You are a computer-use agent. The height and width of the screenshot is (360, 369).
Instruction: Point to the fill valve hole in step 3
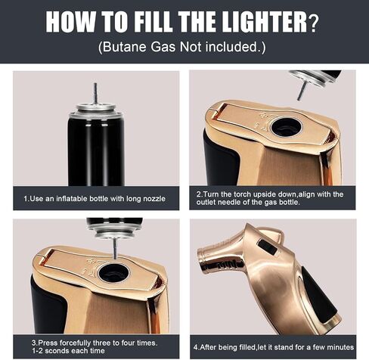coord(115,273)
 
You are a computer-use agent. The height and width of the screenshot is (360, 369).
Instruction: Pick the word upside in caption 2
coord(256,194)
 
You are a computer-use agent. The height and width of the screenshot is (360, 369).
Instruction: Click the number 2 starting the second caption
coord(197,194)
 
